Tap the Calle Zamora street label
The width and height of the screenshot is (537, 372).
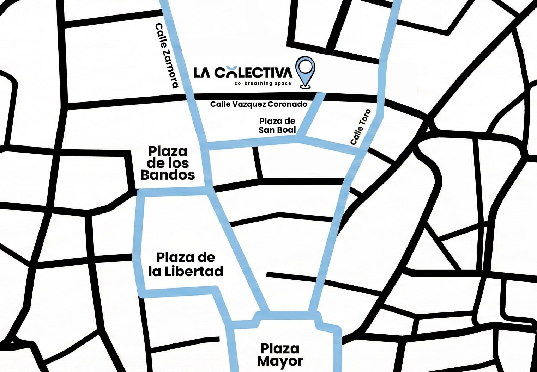(x=167, y=56)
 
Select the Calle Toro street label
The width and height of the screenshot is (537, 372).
(x=361, y=127)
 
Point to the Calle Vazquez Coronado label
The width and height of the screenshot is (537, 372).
(x=259, y=104)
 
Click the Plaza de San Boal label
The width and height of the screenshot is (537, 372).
(x=277, y=126)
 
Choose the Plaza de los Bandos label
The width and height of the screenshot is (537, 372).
(x=168, y=163)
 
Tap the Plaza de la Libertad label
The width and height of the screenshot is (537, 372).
(x=186, y=264)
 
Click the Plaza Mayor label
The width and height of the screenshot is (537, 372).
(x=280, y=355)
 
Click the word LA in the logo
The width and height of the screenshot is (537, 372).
(x=202, y=73)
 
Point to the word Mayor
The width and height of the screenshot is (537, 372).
(x=280, y=361)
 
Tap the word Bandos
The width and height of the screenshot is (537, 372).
(x=168, y=175)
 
